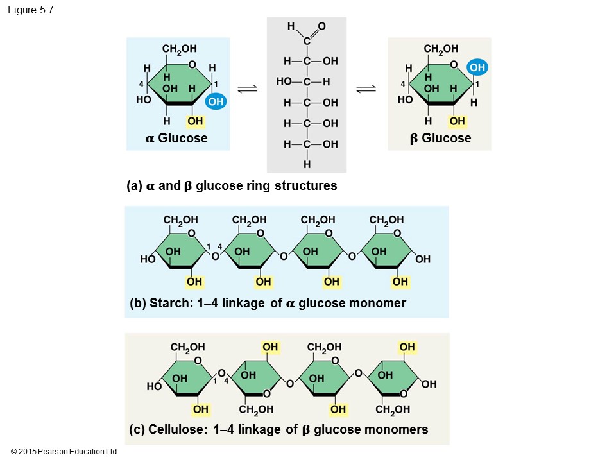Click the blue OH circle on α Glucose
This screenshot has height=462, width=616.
216,101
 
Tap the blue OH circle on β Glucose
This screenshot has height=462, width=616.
477,67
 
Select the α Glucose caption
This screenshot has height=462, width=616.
176,138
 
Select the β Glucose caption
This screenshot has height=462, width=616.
440,138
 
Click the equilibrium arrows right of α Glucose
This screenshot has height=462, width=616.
248,90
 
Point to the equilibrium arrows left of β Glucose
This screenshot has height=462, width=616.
366,90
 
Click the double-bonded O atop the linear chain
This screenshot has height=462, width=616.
321,26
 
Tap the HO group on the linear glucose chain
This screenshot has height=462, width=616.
284,81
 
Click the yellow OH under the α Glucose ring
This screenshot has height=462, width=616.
196,121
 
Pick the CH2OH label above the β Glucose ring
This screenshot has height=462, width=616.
441,49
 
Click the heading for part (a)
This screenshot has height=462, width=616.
232,186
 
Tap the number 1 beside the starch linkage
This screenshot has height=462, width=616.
209,246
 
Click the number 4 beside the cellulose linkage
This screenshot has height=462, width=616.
226,381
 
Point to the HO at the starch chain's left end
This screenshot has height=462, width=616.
148,260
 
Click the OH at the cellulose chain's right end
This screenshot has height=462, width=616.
429,384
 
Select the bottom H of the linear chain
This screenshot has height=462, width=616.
307,164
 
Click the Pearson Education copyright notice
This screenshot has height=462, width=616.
64,452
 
